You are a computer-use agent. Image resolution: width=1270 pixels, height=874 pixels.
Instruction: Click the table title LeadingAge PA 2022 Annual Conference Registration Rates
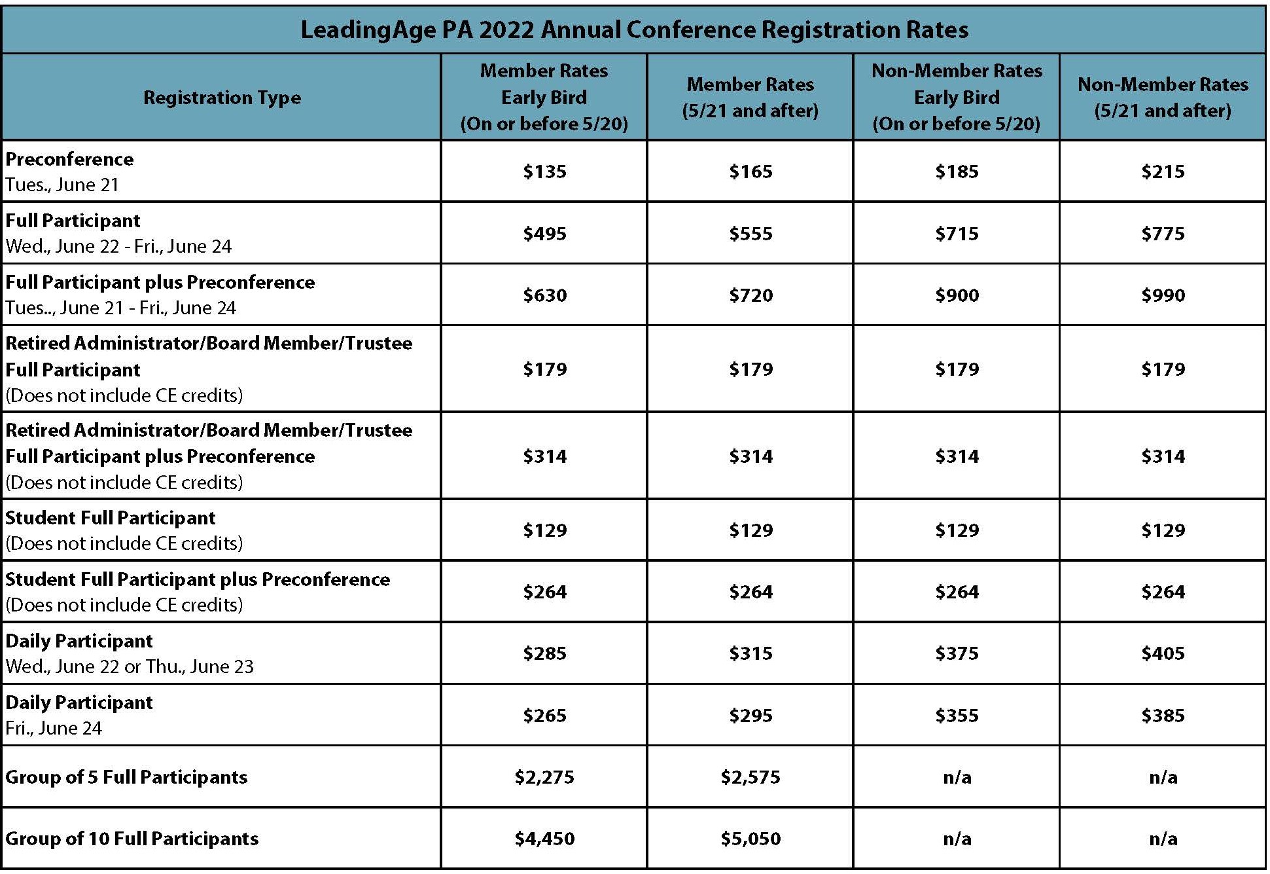[634, 30]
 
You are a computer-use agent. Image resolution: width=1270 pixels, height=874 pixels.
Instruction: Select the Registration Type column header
[222, 98]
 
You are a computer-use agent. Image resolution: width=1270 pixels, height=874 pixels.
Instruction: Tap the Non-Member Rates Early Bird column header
[957, 97]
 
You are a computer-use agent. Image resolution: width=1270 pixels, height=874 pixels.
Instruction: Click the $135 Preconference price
[544, 172]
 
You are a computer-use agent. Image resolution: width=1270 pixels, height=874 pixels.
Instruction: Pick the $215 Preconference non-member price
[1163, 172]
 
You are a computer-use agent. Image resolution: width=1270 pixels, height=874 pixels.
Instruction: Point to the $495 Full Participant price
[544, 234]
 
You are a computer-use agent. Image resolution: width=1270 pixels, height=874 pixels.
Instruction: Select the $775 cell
[1163, 234]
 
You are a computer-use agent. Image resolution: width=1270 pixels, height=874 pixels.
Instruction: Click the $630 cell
[544, 295]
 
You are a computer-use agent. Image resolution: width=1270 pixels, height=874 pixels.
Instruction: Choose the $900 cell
[957, 295]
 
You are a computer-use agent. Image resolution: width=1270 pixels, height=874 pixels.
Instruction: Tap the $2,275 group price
[544, 777]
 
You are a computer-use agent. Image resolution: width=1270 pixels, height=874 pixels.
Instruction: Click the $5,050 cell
[750, 839]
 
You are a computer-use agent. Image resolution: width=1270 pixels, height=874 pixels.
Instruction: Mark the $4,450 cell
[544, 839]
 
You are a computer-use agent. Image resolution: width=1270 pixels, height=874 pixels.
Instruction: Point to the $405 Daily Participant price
[1163, 653]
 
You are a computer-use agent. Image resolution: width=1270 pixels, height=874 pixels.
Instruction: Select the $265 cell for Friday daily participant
[544, 716]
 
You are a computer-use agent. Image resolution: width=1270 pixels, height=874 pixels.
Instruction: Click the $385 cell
[1163, 716]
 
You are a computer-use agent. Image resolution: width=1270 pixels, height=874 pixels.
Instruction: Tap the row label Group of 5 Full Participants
[126, 777]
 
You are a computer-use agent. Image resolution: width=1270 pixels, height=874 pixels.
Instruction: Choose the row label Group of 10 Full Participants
[132, 839]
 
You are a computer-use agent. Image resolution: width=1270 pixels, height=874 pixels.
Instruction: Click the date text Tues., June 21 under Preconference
[62, 185]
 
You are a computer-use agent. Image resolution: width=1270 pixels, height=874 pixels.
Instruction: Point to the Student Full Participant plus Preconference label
[198, 579]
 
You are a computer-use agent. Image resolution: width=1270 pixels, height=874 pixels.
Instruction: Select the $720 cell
[750, 295]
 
